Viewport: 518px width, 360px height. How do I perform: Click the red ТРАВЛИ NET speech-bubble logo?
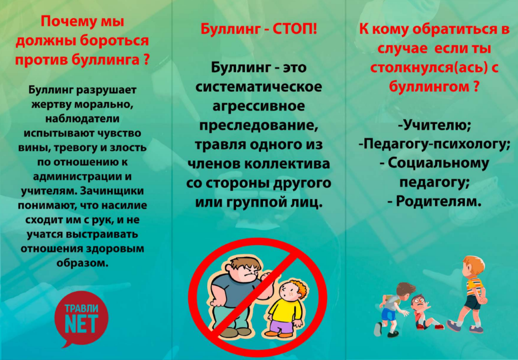pos(81,318)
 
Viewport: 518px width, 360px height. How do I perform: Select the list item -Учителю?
pos(435,125)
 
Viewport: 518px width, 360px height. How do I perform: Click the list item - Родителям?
pos(434,201)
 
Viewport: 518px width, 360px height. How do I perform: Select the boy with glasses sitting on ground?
pos(425,312)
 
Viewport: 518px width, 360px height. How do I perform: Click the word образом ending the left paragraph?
pos(82,263)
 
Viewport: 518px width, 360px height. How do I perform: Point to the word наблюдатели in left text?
pos(82,119)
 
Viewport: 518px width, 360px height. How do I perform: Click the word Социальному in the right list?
pos(438,163)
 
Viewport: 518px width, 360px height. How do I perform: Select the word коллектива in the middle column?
pos(287,164)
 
